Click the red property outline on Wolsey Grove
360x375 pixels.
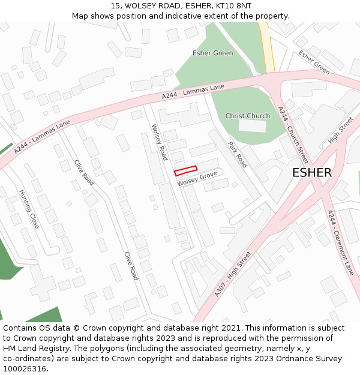pyautogui.click(x=185, y=171)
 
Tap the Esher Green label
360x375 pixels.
pyautogui.click(x=212, y=53)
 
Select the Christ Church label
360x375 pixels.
pyautogui.click(x=247, y=116)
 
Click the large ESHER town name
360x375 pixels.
pyautogui.click(x=311, y=173)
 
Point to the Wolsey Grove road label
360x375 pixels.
pyautogui.click(x=197, y=178)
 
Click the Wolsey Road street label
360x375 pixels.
pyautogui.click(x=159, y=142)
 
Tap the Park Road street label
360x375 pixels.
pyautogui.click(x=237, y=154)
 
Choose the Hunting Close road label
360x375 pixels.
pyautogui.click(x=29, y=209)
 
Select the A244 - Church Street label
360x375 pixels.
pyautogui.click(x=293, y=135)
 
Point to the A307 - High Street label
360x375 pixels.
pyautogui.click(x=233, y=274)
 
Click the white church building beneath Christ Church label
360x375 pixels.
pyautogui.click(x=252, y=126)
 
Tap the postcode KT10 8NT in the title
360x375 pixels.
pyautogui.click(x=234, y=6)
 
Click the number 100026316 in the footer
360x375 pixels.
pyautogui.click(x=24, y=368)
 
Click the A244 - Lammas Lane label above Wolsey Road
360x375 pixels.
pyautogui.click(x=193, y=92)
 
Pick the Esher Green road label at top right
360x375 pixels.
pyautogui.click(x=314, y=62)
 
